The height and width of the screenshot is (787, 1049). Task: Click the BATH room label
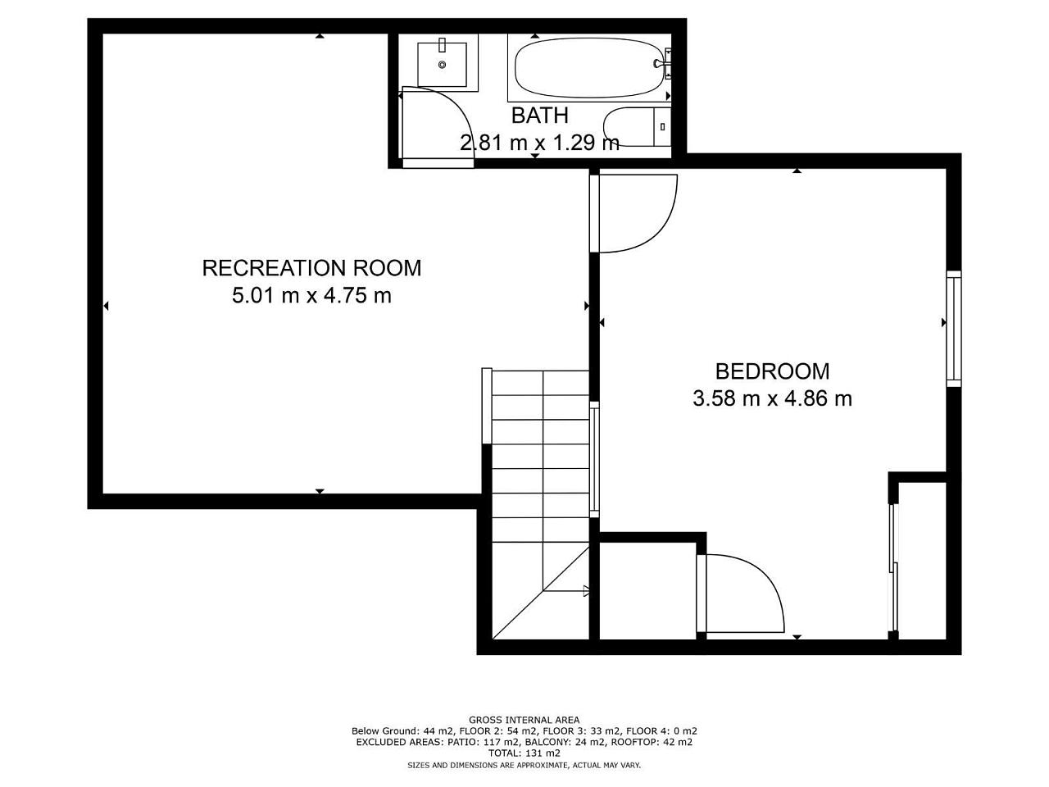tap(539, 116)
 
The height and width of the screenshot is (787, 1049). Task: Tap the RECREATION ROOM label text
tap(311, 268)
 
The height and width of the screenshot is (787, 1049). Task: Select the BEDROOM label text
tap(772, 371)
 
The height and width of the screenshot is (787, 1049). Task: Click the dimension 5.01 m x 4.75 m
tap(311, 295)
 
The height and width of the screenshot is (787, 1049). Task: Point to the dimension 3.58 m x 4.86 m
tap(772, 398)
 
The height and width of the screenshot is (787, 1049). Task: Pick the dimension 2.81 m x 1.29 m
tap(539, 143)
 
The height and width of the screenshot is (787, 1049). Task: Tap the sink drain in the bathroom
tap(442, 65)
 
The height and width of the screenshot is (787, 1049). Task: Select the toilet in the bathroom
tap(637, 126)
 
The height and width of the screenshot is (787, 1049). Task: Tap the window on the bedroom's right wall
tap(954, 329)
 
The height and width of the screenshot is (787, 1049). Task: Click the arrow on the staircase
tap(586, 591)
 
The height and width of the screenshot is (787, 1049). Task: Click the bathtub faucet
tap(661, 63)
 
